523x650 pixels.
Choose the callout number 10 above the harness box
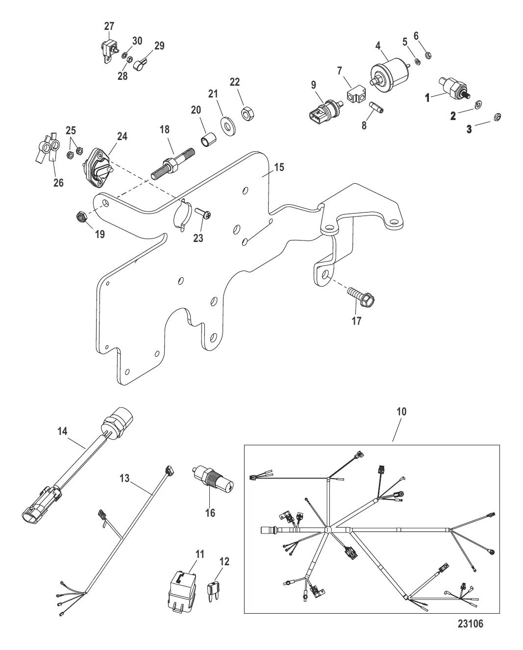401,412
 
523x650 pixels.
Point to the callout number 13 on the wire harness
125,478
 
